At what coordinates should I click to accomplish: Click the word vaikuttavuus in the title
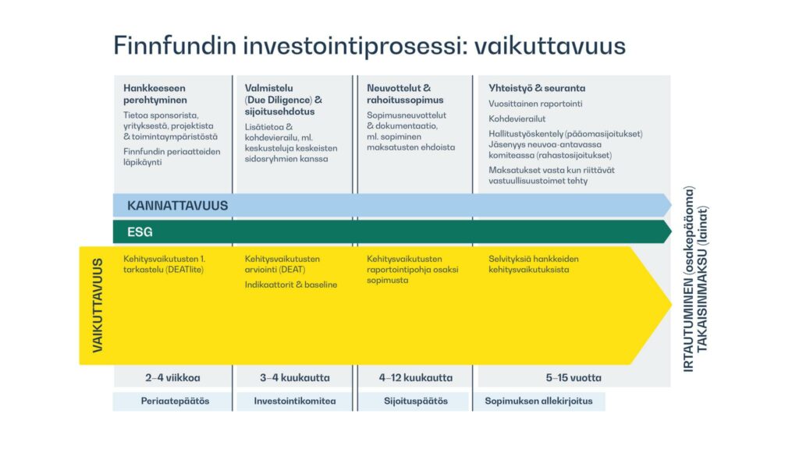pyautogui.click(x=550, y=46)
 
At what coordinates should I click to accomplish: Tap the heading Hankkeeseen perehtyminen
pyautogui.click(x=155, y=94)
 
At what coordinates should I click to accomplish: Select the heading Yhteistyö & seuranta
pyautogui.click(x=537, y=88)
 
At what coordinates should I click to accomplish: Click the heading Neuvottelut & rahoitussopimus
pyautogui.click(x=405, y=94)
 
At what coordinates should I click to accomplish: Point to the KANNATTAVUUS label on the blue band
pyautogui.click(x=177, y=206)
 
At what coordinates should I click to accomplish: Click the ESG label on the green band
pyautogui.click(x=140, y=232)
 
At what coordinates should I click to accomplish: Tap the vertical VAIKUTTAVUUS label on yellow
pyautogui.click(x=98, y=306)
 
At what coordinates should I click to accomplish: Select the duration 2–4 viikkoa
pyautogui.click(x=172, y=378)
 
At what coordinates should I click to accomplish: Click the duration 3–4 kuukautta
pyautogui.click(x=294, y=378)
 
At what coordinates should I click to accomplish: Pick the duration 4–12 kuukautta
pyautogui.click(x=415, y=378)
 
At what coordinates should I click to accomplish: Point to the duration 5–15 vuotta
pyautogui.click(x=574, y=378)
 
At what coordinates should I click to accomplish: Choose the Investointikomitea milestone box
pyautogui.click(x=294, y=401)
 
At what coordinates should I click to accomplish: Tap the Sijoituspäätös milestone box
pyautogui.click(x=414, y=401)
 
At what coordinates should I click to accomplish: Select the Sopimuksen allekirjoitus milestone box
pyautogui.click(x=539, y=401)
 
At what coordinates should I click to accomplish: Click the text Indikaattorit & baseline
pyautogui.click(x=291, y=285)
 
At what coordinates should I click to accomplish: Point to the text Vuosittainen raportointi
pyautogui.click(x=535, y=104)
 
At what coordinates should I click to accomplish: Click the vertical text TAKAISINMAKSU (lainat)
pyautogui.click(x=702, y=279)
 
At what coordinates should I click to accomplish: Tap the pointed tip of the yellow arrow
pyautogui.click(x=671, y=305)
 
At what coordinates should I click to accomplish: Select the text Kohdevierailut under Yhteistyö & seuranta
pyautogui.click(x=517, y=118)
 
